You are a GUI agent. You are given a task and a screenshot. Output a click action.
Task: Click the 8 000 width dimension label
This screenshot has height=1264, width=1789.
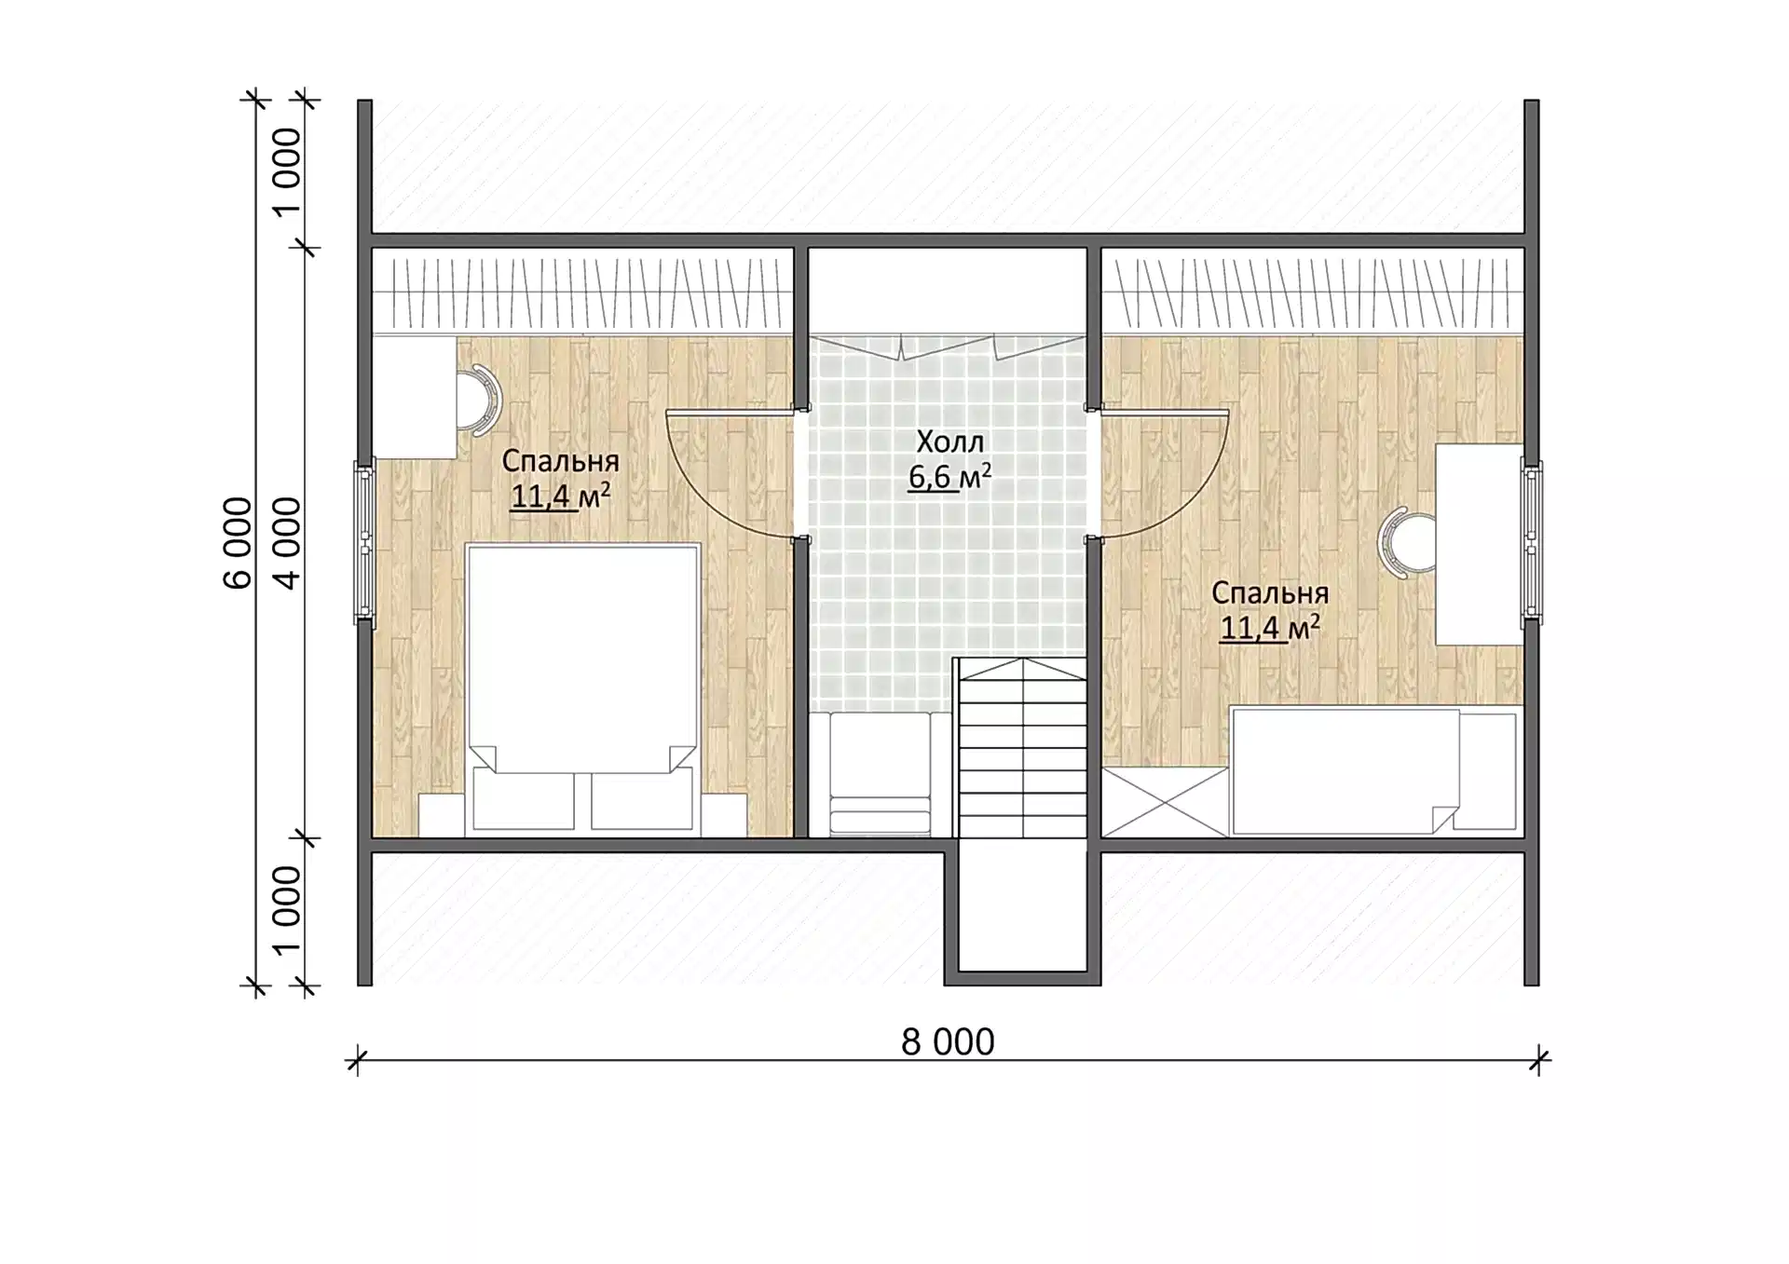948,1042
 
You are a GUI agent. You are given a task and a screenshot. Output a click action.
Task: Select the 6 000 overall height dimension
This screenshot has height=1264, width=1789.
238,543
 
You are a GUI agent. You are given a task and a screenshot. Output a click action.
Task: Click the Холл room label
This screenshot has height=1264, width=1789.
949,442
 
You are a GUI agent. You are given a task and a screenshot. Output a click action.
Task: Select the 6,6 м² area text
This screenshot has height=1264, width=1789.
949,477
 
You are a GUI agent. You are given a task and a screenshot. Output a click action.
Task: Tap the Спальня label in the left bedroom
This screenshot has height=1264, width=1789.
560,461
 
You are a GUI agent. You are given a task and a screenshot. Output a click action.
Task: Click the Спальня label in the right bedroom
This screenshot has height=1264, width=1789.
1270,593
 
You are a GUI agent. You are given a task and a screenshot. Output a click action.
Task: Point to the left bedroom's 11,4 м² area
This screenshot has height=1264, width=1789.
560,496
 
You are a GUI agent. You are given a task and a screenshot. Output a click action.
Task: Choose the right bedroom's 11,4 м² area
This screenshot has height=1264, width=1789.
1270,628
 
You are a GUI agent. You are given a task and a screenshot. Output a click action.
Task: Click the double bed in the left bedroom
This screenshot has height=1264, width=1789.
583,687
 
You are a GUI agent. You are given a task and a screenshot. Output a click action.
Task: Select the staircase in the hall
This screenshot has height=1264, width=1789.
1022,748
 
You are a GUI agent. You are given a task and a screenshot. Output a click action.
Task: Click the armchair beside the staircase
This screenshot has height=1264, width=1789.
880,774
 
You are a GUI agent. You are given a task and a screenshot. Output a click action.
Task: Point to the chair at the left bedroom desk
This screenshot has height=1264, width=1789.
479,400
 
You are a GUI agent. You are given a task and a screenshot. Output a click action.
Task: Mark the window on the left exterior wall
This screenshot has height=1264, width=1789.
363,542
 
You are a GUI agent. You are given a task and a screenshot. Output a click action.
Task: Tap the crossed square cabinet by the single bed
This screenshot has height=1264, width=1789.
1165,802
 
